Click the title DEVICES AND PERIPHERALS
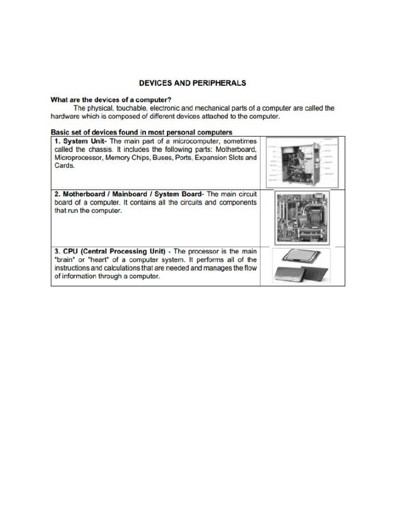coord(192,82)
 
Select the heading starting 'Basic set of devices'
coord(141,132)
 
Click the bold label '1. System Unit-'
coord(81,141)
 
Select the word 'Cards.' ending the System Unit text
coord(64,166)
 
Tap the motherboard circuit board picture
coord(301,217)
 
